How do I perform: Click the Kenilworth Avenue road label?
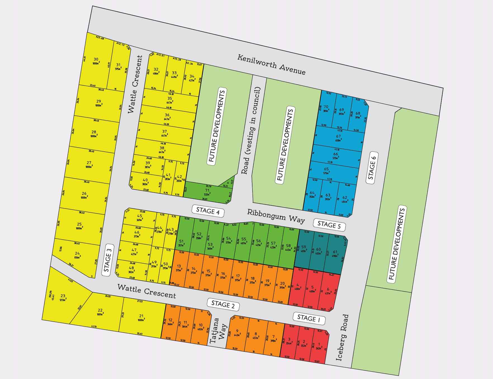[x=271, y=65]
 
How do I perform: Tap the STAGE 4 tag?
[x=208, y=211]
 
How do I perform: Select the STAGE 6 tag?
[x=372, y=167]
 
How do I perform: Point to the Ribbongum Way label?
[x=276, y=216]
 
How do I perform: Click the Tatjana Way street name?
[x=218, y=331]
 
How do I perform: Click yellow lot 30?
[x=96, y=61]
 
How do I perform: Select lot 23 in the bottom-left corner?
[x=63, y=298]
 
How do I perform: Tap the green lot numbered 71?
[x=207, y=192]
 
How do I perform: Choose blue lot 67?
[x=338, y=138]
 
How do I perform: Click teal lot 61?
[x=335, y=253]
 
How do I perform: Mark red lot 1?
[x=319, y=346]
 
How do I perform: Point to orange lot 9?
[x=237, y=332]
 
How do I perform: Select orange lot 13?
[x=179, y=268]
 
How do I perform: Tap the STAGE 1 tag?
[x=309, y=318]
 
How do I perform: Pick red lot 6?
[x=328, y=291]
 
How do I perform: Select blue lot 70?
[x=326, y=109]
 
